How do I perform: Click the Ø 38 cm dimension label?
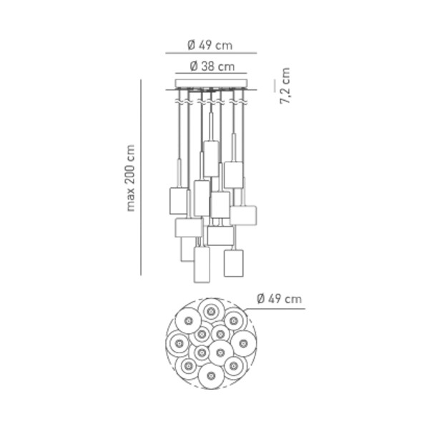point(212,66)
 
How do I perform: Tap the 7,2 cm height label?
point(285,86)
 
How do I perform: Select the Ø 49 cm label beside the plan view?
point(280,298)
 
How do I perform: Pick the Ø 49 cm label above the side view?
point(210,45)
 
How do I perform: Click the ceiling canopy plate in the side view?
point(211,83)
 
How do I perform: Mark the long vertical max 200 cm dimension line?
point(141,177)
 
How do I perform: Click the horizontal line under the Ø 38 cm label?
point(211,74)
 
